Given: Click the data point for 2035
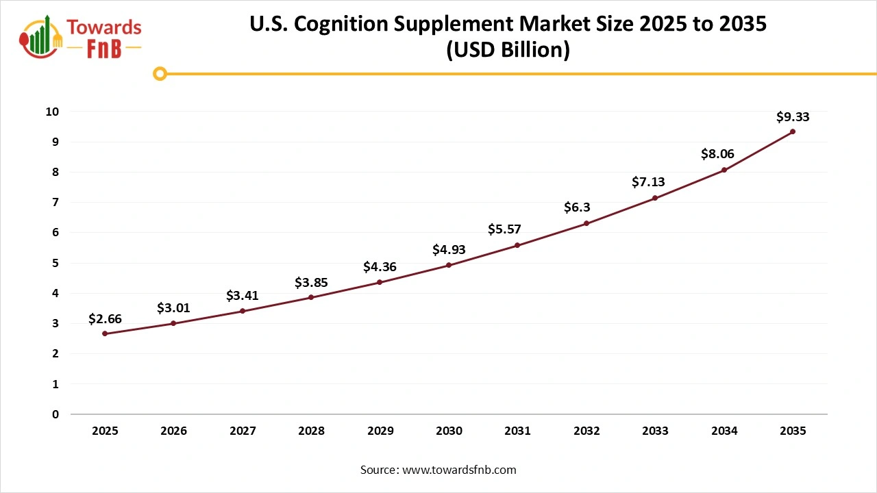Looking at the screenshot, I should click(x=793, y=131).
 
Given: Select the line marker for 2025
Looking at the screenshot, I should click(x=105, y=333).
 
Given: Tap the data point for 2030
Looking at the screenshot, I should click(x=449, y=265).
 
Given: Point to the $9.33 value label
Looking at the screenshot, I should click(x=793, y=117).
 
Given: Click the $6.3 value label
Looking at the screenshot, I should click(x=577, y=207).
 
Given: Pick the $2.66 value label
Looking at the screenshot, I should click(x=105, y=319).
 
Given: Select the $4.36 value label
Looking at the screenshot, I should click(x=380, y=267).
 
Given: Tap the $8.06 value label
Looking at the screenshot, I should click(x=717, y=155).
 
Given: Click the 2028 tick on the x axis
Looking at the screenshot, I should click(x=311, y=431).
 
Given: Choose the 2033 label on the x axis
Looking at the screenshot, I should click(x=655, y=431).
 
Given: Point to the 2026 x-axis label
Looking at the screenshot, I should click(x=173, y=431).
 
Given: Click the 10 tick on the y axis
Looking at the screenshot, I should click(x=53, y=112).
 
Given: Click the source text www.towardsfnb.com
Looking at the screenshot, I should click(x=458, y=470).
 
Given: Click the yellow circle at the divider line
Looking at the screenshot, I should click(x=160, y=73).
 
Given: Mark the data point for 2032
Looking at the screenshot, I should click(x=586, y=223).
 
